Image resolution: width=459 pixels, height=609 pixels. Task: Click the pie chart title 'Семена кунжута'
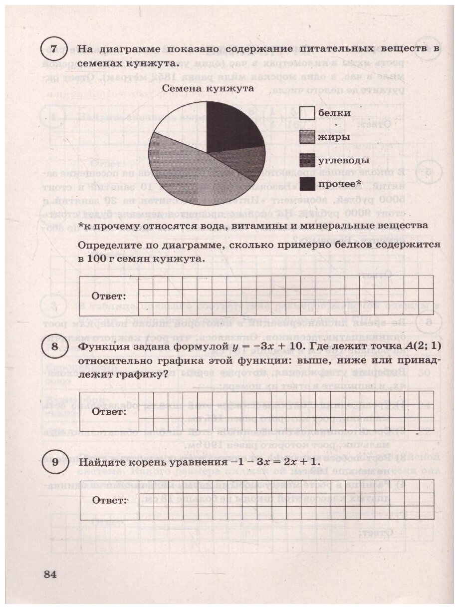point(208,88)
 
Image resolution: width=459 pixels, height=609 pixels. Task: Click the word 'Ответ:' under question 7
point(108,295)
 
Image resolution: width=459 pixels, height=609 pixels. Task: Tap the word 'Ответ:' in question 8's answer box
point(108,412)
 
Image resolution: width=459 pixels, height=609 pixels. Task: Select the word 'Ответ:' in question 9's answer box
point(108,500)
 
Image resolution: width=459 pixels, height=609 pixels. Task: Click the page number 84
point(51,574)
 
